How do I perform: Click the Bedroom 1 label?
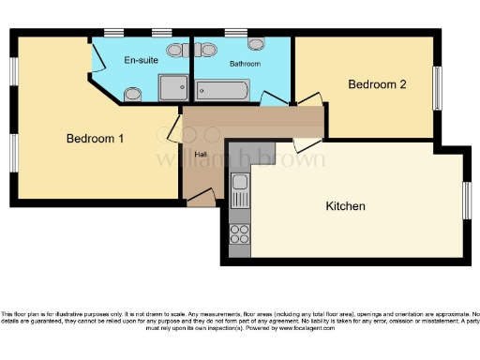(x=95, y=139)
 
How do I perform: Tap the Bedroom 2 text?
(x=377, y=84)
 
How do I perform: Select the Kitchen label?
(x=345, y=205)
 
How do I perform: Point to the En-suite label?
(x=141, y=60)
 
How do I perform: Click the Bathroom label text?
(x=245, y=64)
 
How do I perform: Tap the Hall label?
(x=201, y=155)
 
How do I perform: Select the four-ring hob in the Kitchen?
(x=240, y=232)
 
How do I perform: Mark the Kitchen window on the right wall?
(x=466, y=202)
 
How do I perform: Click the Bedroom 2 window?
(x=436, y=88)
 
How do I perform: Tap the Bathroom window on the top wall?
(x=235, y=33)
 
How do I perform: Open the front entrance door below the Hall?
(x=201, y=198)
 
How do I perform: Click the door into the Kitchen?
(x=306, y=144)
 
